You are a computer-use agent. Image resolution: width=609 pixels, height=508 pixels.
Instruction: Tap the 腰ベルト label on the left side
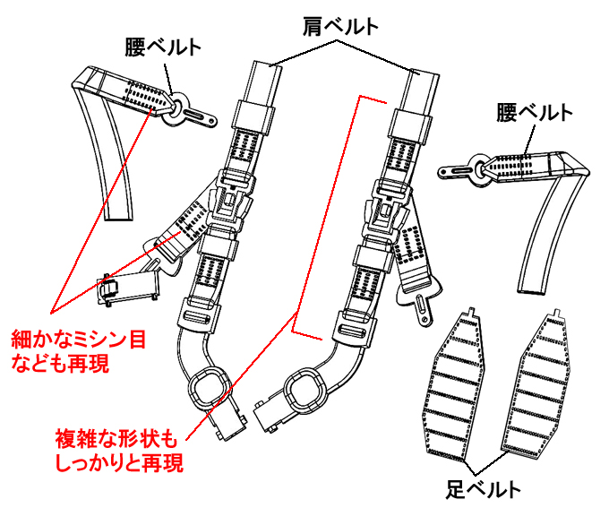tap(163, 47)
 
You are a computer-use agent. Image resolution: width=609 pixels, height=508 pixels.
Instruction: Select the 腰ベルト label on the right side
tap(534, 113)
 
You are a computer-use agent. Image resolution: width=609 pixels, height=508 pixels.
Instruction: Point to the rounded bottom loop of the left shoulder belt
tap(210, 387)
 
